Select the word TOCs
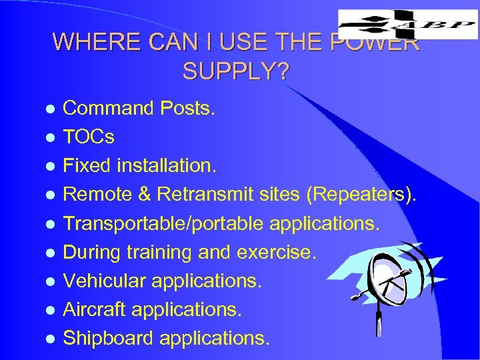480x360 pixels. click(x=89, y=137)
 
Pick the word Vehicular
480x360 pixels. click(x=105, y=281)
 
